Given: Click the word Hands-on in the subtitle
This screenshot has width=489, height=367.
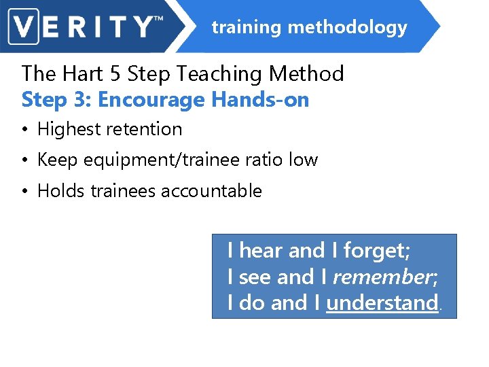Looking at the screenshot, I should click(260, 101).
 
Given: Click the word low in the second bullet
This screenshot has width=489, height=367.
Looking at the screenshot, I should click(303, 160).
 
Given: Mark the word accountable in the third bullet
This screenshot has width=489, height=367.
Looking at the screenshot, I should click(211, 191).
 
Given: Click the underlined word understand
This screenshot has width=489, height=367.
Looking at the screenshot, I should click(382, 303).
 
